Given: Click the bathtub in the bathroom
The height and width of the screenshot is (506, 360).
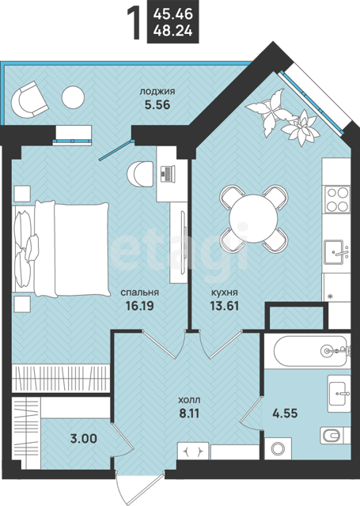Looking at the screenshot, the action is (311, 351).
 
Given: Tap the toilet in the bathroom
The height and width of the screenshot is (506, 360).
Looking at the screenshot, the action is (334, 436).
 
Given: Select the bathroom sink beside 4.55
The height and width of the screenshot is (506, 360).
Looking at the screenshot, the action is (339, 394).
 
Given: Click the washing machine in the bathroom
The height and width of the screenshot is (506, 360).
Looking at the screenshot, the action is (278, 448).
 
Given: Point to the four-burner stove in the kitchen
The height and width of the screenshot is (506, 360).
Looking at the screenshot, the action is (338, 199).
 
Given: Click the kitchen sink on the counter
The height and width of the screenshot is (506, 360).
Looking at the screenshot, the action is (336, 252).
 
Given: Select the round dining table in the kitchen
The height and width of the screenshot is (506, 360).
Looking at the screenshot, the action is (254, 218).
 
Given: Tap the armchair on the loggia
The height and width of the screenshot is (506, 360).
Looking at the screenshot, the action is (29, 100).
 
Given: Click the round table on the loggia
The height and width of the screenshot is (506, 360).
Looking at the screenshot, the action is (73, 97).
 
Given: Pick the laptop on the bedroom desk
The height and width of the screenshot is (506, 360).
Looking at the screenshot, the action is (167, 173).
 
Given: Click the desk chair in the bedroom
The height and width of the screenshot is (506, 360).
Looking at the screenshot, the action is (140, 174).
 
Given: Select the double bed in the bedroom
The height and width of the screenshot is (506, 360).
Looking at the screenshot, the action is (61, 249).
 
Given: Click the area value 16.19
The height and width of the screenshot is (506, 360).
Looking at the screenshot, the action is (140, 305).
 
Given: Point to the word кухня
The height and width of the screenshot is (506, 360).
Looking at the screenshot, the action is (225, 293).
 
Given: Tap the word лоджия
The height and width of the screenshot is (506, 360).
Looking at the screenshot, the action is (157, 92).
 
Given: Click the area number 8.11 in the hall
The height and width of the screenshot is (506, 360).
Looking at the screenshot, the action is (189, 413).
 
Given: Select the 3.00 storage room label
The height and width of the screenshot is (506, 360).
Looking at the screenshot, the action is (84, 439).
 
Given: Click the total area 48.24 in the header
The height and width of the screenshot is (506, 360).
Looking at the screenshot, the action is (173, 32).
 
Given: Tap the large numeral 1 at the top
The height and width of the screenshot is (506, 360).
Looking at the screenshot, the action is (134, 24).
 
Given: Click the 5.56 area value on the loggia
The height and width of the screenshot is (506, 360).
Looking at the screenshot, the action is (157, 104).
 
